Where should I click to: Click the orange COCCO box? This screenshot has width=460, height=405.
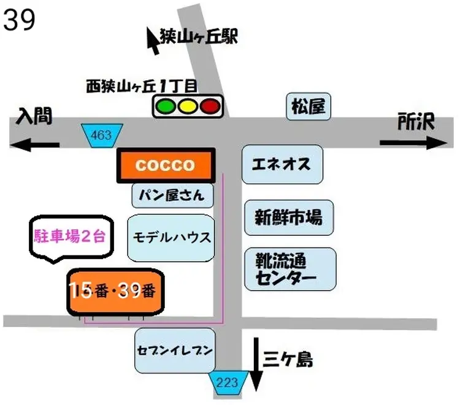point(165,165)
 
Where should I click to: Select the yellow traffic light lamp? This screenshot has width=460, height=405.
point(187,107)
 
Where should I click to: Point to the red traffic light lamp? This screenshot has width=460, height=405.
point(209,107)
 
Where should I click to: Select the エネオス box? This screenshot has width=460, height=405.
point(282,164)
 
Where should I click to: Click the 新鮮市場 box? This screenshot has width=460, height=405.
point(289,217)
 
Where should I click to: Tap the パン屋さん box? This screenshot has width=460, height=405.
point(172,196)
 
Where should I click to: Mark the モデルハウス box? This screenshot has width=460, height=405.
point(172,238)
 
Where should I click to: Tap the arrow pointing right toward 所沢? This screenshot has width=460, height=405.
point(414,143)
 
